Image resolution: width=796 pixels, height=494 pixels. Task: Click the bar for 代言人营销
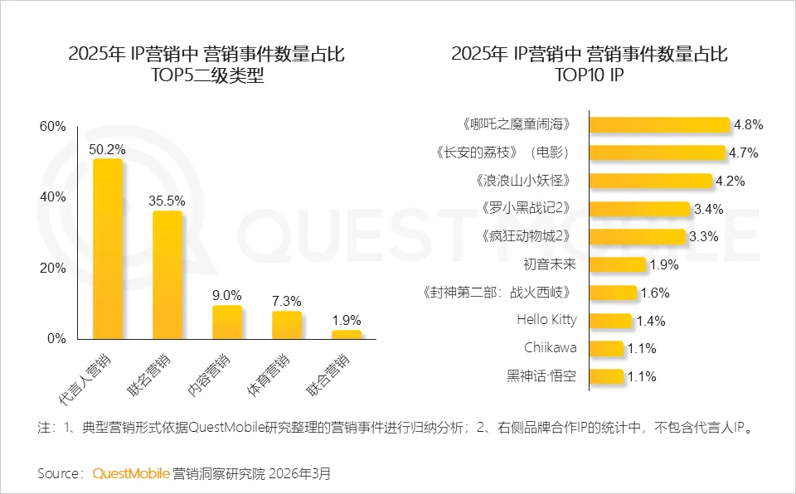click(x=108, y=249)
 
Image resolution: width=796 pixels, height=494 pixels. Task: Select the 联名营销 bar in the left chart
click(x=167, y=274)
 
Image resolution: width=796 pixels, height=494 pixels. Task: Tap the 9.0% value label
click(x=227, y=295)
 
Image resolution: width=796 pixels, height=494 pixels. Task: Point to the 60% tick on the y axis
click(x=52, y=126)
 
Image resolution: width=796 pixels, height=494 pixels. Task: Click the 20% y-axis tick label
click(x=52, y=269)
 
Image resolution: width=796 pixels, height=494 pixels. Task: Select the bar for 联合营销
click(x=347, y=334)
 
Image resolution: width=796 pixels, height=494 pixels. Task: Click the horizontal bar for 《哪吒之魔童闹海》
click(x=659, y=124)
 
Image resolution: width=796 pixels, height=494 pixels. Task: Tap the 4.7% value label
click(x=743, y=153)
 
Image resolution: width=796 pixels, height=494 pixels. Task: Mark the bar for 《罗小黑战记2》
click(x=639, y=208)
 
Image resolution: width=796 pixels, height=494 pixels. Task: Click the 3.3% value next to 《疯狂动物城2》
click(x=703, y=236)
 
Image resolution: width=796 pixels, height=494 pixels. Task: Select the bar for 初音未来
click(x=617, y=264)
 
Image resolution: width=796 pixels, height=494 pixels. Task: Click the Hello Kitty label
click(x=546, y=320)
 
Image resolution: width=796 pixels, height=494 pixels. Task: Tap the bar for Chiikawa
click(x=606, y=348)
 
